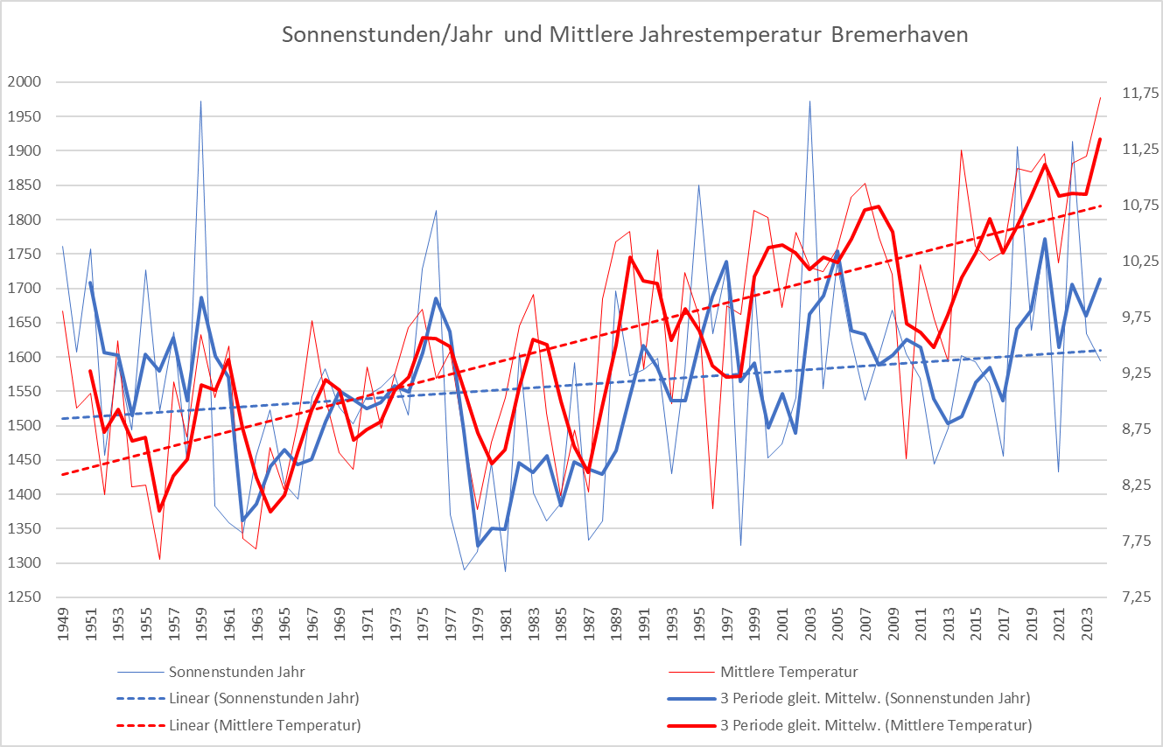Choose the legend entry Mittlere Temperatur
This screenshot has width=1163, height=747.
pyautogui.click(x=788, y=673)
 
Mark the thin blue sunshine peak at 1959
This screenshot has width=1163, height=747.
pyautogui.click(x=201, y=101)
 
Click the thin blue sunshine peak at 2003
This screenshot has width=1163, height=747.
pyautogui.click(x=809, y=101)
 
